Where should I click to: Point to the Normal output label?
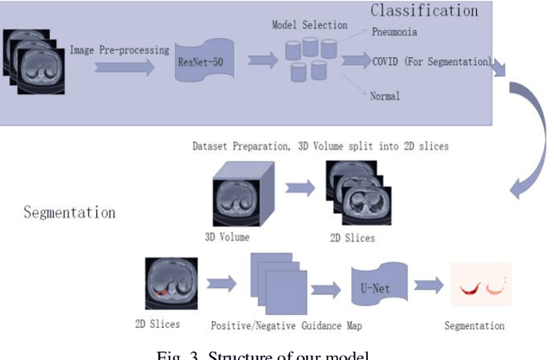coord(384,96)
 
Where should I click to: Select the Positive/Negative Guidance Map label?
coord(286,325)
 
